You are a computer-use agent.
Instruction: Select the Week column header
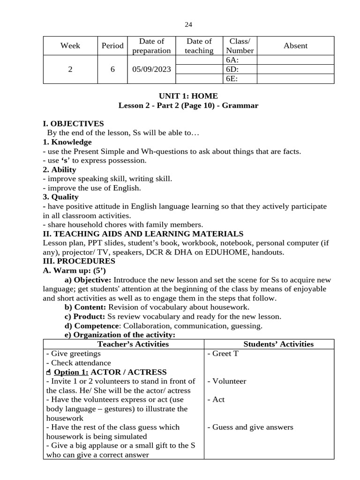[70, 46]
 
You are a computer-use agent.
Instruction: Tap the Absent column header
[295, 46]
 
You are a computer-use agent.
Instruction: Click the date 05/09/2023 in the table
[151, 69]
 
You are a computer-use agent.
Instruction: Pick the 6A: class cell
[232, 60]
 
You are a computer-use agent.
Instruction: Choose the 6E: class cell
[232, 79]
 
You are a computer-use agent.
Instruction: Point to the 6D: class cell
[232, 69]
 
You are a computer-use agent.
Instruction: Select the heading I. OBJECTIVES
[73, 124]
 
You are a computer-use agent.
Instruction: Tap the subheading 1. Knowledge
[67, 142]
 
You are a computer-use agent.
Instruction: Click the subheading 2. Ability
[59, 170]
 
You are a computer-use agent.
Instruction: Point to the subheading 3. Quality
[60, 197]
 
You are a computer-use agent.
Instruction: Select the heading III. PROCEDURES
[79, 261]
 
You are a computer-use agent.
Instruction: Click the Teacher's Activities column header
[123, 344]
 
